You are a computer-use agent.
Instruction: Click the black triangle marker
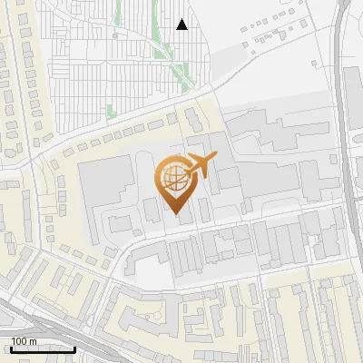(182, 25)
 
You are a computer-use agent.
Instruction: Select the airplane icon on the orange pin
(199, 167)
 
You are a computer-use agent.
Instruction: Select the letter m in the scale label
(33, 341)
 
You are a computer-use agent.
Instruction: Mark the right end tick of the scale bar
(75, 348)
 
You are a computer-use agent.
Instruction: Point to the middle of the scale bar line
(42, 350)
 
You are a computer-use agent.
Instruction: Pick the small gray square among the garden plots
(117, 34)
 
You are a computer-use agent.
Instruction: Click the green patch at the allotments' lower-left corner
(111, 111)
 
